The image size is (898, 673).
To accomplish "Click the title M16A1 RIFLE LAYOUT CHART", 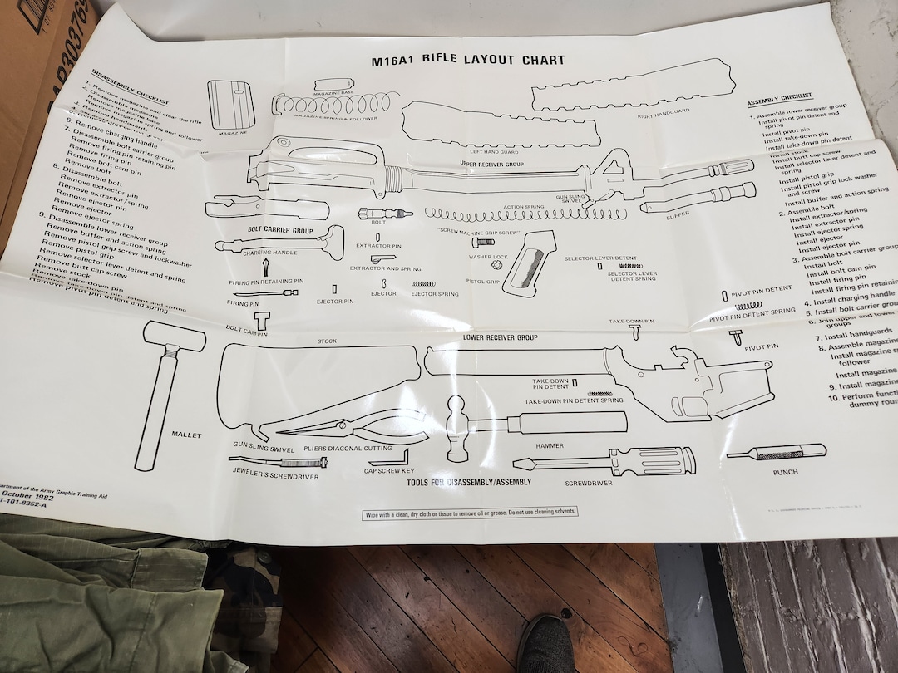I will [467, 60].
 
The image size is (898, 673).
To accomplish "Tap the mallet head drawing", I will [175, 336].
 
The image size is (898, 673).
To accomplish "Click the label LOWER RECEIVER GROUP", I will [500, 338].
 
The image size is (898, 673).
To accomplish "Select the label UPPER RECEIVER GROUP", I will [491, 165].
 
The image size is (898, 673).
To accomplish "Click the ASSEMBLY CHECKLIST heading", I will [779, 101].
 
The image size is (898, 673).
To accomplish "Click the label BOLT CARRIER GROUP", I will [279, 228].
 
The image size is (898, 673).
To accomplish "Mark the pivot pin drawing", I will [736, 336].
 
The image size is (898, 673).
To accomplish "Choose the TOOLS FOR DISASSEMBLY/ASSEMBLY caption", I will [469, 481].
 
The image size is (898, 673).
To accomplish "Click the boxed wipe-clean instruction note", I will [470, 513].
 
